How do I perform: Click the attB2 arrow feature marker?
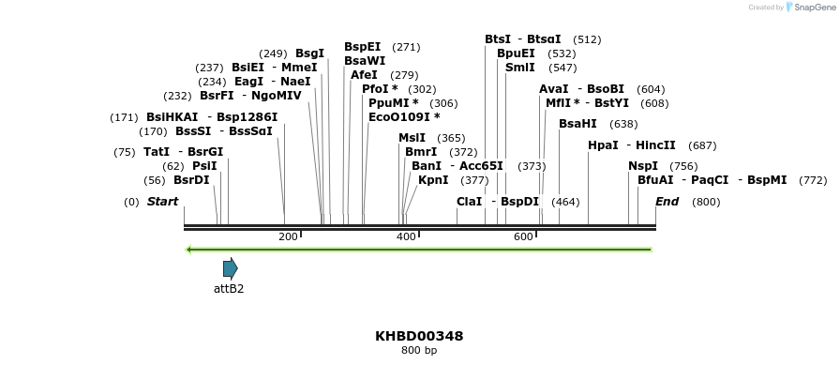coord(230,268)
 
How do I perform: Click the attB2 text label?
coord(229,289)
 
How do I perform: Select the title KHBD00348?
coord(419,336)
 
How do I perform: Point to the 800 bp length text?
coord(419,351)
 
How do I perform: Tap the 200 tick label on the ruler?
coord(288,237)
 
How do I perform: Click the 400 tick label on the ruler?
coord(406,237)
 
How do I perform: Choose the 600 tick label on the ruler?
coord(523,237)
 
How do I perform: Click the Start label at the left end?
coord(162,202)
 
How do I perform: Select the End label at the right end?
coord(667,202)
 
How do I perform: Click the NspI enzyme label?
coord(643,166)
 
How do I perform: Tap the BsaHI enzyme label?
coord(577,124)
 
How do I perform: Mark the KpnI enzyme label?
coord(433,180)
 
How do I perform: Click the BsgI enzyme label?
coord(309,53)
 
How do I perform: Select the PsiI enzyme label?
coord(204,166)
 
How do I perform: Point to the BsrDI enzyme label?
coord(191,180)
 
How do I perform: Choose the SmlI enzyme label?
coord(520,68)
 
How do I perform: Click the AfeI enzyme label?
coord(364,75)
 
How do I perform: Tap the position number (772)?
coord(813,180)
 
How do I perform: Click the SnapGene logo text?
coord(812,8)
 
